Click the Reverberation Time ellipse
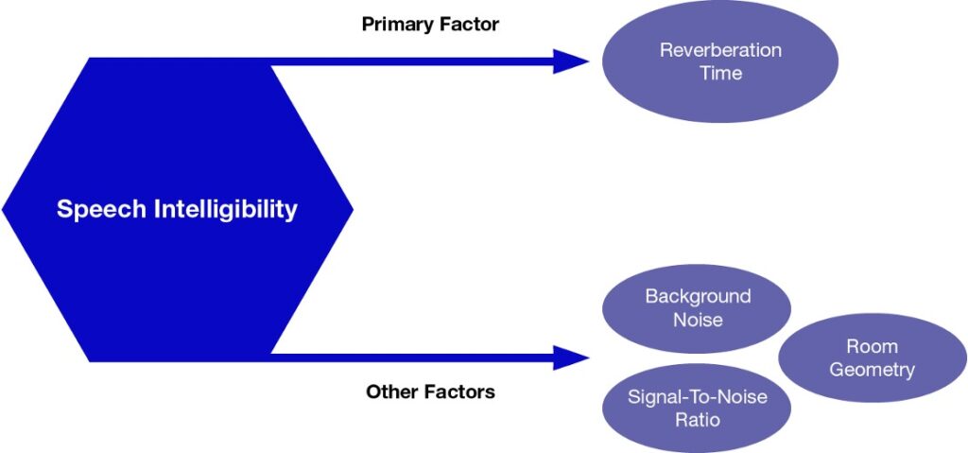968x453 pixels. coord(719,61)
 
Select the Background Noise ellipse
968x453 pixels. coord(697,307)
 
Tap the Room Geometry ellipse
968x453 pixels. coord(872,357)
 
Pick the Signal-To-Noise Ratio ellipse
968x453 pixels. coord(697,408)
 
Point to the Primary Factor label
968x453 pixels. coord(430,24)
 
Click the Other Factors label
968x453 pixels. coord(430,391)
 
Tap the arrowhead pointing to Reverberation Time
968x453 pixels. coord(571,61)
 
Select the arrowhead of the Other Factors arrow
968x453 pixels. coord(571,357)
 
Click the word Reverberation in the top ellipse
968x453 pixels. coord(719,50)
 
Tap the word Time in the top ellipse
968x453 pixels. coord(720,73)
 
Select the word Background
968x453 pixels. coord(698,296)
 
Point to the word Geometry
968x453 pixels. coord(872,369)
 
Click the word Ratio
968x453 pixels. coord(698,419)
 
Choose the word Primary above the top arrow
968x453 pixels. coord(395,24)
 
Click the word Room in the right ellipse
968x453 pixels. coord(872,346)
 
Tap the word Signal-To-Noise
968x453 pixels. coord(698,396)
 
